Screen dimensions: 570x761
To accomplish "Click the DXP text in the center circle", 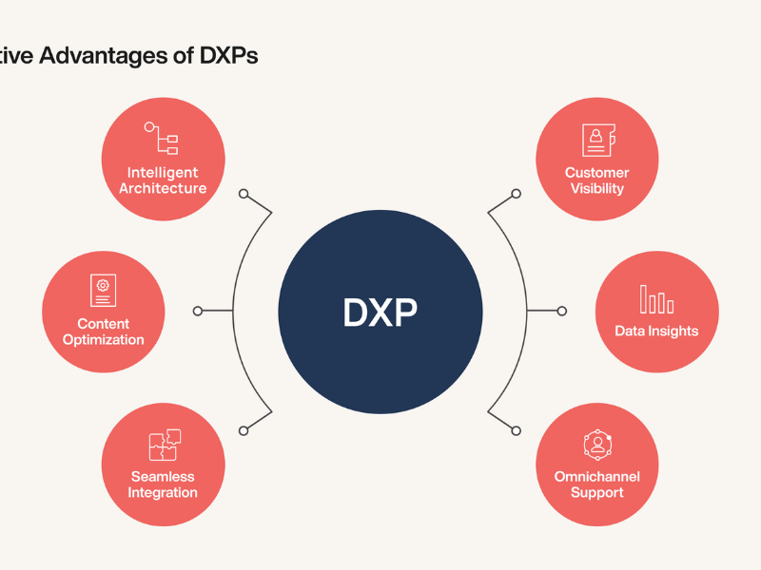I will tap(380, 313).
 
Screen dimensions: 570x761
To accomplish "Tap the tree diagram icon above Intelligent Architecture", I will tap(162, 139).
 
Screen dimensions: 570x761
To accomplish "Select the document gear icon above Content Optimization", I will tap(103, 291).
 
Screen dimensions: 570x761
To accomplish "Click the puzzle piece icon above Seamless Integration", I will tap(164, 445).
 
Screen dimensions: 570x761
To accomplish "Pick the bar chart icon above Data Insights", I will tap(656, 298).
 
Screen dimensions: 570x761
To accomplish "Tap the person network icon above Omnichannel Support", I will tap(596, 445).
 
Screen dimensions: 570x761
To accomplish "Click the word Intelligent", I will tap(163, 173).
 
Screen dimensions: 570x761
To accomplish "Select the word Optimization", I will tap(104, 340).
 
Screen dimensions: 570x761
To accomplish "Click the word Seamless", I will tap(163, 477).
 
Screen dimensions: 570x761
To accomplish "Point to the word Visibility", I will tap(597, 188).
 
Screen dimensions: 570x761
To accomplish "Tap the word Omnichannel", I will tap(597, 477).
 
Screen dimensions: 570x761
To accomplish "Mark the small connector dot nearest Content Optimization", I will tap(198, 311).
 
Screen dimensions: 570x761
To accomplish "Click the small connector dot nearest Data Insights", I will tap(561, 311).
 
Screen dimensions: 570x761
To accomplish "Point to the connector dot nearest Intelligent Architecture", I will tap(244, 194).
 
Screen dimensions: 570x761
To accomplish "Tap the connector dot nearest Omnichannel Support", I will tap(516, 430).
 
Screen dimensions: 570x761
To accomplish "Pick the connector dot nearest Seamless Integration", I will tap(244, 430).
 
